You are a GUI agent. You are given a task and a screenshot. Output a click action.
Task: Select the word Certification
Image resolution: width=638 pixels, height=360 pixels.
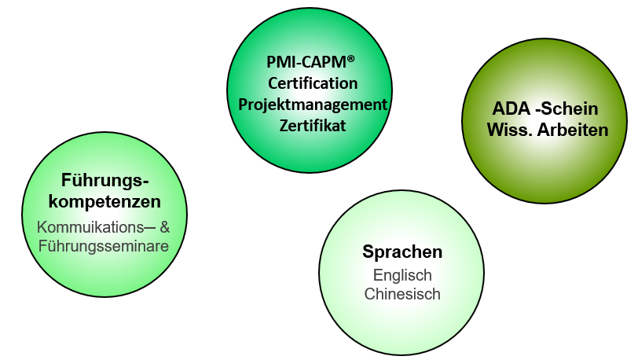[313, 83]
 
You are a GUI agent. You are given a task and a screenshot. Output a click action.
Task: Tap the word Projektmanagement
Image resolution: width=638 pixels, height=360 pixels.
[313, 105]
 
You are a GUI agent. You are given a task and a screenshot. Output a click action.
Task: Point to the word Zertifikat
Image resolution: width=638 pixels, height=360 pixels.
[313, 125]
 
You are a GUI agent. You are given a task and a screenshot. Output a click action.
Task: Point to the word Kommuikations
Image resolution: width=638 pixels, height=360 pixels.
[88, 227]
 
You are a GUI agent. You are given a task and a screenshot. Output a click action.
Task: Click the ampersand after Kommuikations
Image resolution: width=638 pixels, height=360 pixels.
[164, 227]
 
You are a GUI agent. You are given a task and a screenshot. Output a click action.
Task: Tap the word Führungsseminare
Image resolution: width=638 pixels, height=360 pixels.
[104, 246]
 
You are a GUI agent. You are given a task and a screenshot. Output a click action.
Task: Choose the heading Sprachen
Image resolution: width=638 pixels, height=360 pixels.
[402, 252]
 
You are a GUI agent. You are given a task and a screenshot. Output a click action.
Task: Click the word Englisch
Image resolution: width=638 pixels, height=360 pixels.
[402, 276]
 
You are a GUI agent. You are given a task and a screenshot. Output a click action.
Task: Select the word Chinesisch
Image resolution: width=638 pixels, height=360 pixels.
[402, 295]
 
